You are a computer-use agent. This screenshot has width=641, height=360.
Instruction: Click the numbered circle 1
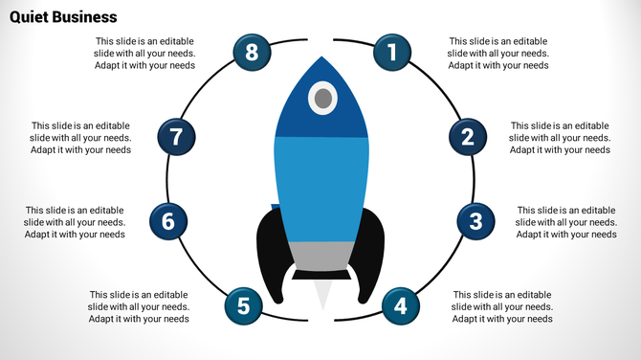coord(390,53)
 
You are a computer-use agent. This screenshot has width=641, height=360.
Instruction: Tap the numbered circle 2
coord(467,137)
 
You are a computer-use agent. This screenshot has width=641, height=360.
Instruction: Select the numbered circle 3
coord(475,222)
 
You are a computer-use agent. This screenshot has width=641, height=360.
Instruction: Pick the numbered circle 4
coord(400,306)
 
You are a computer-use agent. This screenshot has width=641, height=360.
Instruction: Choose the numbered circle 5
coord(243,306)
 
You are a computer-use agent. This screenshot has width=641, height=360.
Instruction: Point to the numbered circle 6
coord(168,222)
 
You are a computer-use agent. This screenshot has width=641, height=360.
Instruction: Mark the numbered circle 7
coord(175,137)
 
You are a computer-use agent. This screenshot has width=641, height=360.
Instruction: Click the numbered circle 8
coord(252,53)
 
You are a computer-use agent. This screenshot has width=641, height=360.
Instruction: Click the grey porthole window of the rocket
coord(323,97)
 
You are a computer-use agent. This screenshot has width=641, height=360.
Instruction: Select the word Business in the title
coord(85,16)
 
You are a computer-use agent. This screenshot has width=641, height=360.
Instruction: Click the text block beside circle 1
coord(498,54)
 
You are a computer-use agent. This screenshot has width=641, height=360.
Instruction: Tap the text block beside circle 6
coord(75,222)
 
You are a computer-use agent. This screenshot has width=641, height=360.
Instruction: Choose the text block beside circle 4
coord(502,306)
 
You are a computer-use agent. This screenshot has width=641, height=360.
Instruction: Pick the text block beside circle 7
coord(80,137)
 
